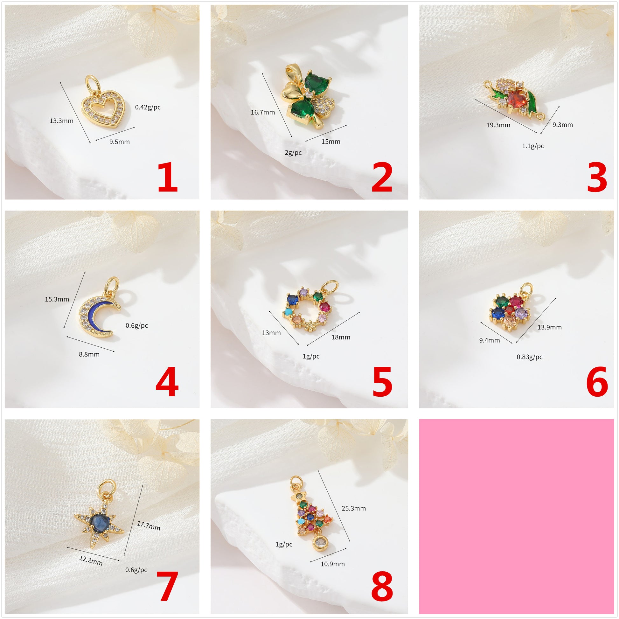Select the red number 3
click(x=597, y=177)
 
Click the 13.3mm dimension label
click(x=61, y=121)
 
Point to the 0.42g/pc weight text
click(x=148, y=107)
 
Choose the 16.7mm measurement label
click(x=263, y=112)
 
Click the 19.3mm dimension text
click(x=498, y=125)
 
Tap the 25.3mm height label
click(x=354, y=508)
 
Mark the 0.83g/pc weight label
click(x=530, y=357)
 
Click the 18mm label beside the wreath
click(x=341, y=337)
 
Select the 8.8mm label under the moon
click(x=89, y=354)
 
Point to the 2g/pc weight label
click(x=293, y=152)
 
